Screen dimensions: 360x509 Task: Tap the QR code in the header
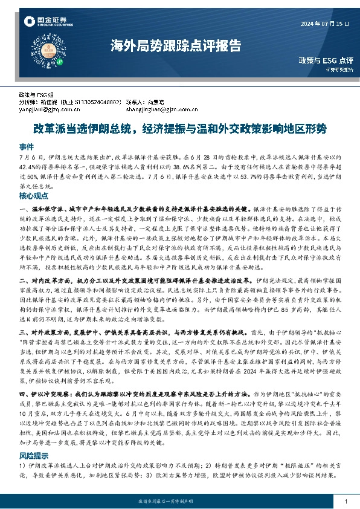[x=54, y=55]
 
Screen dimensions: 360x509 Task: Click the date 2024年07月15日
[x=325, y=23]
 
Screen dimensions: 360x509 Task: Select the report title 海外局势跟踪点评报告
[x=175, y=45]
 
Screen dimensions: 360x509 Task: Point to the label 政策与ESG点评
[x=326, y=60]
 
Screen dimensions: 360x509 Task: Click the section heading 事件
[x=27, y=146]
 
